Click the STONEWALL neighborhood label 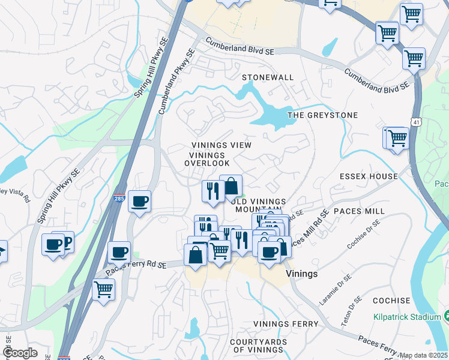(x=268, y=77)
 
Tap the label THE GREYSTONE (x=322, y=115)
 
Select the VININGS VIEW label (x=221, y=145)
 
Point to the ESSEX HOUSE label (x=369, y=176)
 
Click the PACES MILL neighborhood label (x=359, y=211)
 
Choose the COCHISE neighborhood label (x=391, y=301)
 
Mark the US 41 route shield (x=416, y=122)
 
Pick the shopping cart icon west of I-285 (x=103, y=290)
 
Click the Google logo (x=20, y=353)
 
